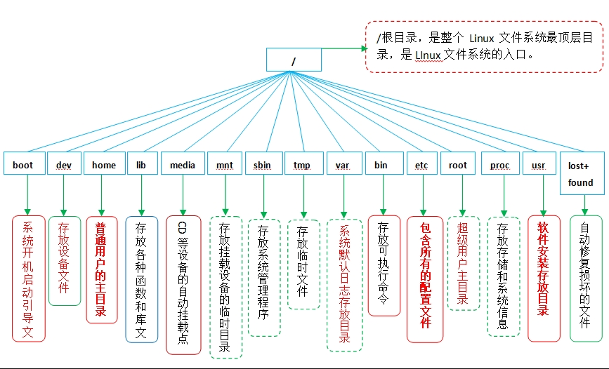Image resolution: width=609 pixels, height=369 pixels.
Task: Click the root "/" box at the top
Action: pos(294,60)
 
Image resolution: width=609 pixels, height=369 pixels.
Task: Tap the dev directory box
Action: pos(64,165)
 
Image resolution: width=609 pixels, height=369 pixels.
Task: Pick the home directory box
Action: pos(103,165)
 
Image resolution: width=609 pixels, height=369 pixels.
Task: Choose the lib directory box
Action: pos(140,165)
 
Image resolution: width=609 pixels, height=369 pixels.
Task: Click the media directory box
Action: pos(183,165)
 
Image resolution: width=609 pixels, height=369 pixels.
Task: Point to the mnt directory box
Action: pos(225,165)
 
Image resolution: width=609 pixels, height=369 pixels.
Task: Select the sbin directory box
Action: pos(263,165)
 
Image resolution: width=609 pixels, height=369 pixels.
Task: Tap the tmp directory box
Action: pos(303,165)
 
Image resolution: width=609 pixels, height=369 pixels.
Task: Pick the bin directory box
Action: pos(381,165)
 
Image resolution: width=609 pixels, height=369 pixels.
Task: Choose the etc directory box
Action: pos(421,165)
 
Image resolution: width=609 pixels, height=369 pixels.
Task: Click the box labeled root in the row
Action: pos(458,165)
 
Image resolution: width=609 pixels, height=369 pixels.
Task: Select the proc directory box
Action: pos(500,165)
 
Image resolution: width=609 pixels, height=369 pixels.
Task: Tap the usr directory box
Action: pos(539,165)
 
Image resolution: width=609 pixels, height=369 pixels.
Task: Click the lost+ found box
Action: pos(580,173)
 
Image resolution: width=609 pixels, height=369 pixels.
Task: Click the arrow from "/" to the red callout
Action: pos(343,49)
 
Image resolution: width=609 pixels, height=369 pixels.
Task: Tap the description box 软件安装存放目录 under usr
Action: pos(544,268)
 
